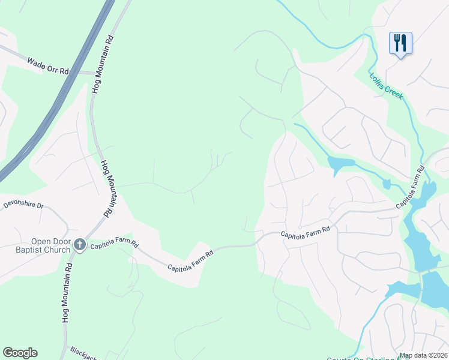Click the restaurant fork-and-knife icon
pos(400,43)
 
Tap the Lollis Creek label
pos(387,86)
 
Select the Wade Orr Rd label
pos(48,65)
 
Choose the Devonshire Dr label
pos(24,205)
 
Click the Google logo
pos(20,353)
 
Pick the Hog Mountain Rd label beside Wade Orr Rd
pos(102,62)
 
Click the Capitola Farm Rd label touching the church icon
pos(114,245)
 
